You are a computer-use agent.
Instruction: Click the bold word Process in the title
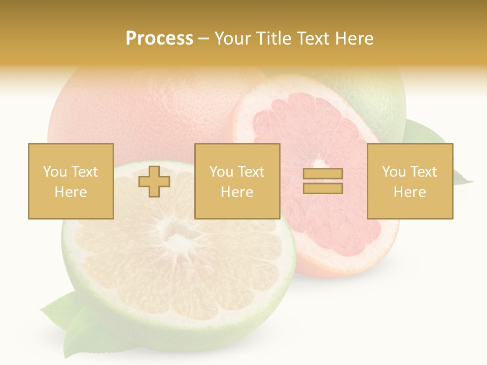point(159,39)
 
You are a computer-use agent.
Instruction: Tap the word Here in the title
point(353,39)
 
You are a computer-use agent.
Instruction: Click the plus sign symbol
point(154,181)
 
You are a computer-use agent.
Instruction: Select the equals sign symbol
point(323,181)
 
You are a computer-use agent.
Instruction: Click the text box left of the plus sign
point(71,181)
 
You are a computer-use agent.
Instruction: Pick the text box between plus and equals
point(237,181)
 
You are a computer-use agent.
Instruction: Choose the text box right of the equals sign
point(409,181)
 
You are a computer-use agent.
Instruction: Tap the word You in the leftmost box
point(54,172)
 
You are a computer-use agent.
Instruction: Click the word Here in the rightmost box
point(409,192)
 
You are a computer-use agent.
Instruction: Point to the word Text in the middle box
point(251,172)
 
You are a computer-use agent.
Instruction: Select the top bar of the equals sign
point(323,174)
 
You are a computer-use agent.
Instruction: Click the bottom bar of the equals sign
point(323,189)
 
